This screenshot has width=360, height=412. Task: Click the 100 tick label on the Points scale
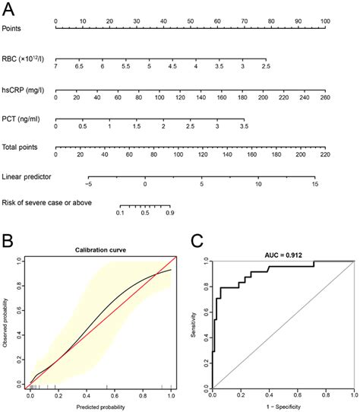(x=325, y=21)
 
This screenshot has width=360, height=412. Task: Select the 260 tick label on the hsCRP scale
(x=325, y=97)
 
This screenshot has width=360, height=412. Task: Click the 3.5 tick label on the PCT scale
(x=244, y=126)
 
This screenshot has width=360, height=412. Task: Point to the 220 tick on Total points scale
(x=325, y=155)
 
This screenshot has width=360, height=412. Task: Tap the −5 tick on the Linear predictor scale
(x=88, y=184)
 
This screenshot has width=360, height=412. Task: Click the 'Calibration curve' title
(x=99, y=250)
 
